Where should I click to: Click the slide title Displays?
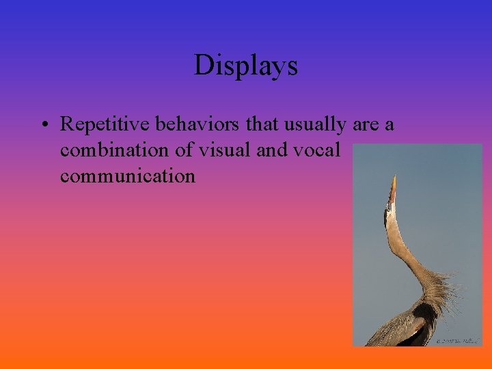tap(246, 66)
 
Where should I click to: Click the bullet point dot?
tap(43, 125)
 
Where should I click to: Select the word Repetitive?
tap(106, 124)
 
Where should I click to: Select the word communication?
tap(128, 176)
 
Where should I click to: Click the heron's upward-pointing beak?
tap(392, 188)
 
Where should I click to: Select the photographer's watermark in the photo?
tap(457, 339)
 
